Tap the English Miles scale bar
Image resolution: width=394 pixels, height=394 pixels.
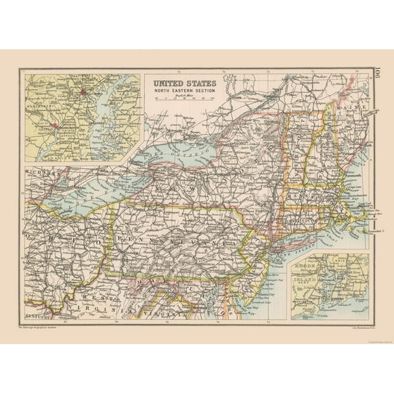[x=183, y=98]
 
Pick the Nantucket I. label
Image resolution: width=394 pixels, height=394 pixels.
[x=378, y=234]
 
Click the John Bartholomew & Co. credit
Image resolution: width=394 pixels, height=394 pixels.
[x=335, y=326]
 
